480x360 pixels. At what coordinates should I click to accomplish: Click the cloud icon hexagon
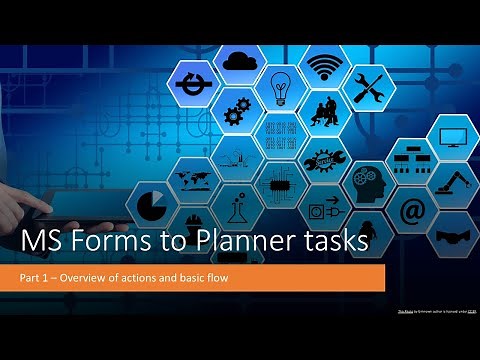[x=239, y=62]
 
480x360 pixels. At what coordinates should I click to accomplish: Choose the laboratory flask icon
[x=237, y=205]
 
